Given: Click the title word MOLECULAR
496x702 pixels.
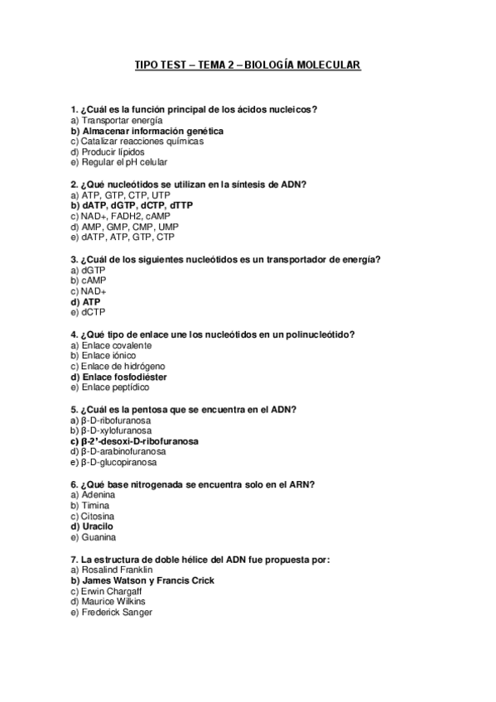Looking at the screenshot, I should (325, 65).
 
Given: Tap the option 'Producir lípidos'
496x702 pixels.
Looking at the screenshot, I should (111, 152).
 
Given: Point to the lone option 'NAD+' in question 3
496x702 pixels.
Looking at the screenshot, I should (93, 291).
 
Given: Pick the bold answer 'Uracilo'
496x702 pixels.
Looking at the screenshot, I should (97, 526).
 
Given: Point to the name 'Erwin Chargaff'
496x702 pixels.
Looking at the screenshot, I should (111, 591).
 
